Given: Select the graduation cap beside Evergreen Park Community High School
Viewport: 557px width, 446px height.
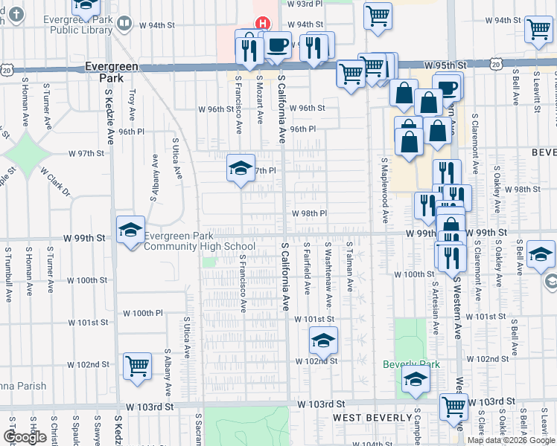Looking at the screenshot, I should (130, 230).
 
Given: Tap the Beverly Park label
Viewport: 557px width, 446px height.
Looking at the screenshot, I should (411, 364).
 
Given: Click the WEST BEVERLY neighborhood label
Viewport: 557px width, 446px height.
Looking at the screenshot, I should (368, 418).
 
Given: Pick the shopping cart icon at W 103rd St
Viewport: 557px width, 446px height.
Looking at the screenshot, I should (453, 407).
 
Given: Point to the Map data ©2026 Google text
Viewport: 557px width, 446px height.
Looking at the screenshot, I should (512, 440).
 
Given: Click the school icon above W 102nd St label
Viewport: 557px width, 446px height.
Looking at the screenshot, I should (323, 340).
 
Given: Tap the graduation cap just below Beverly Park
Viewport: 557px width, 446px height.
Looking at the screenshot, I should (416, 381).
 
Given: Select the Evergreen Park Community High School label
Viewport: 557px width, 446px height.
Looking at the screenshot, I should (200, 242).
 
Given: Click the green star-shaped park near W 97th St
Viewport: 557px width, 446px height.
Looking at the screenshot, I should (28, 154).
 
